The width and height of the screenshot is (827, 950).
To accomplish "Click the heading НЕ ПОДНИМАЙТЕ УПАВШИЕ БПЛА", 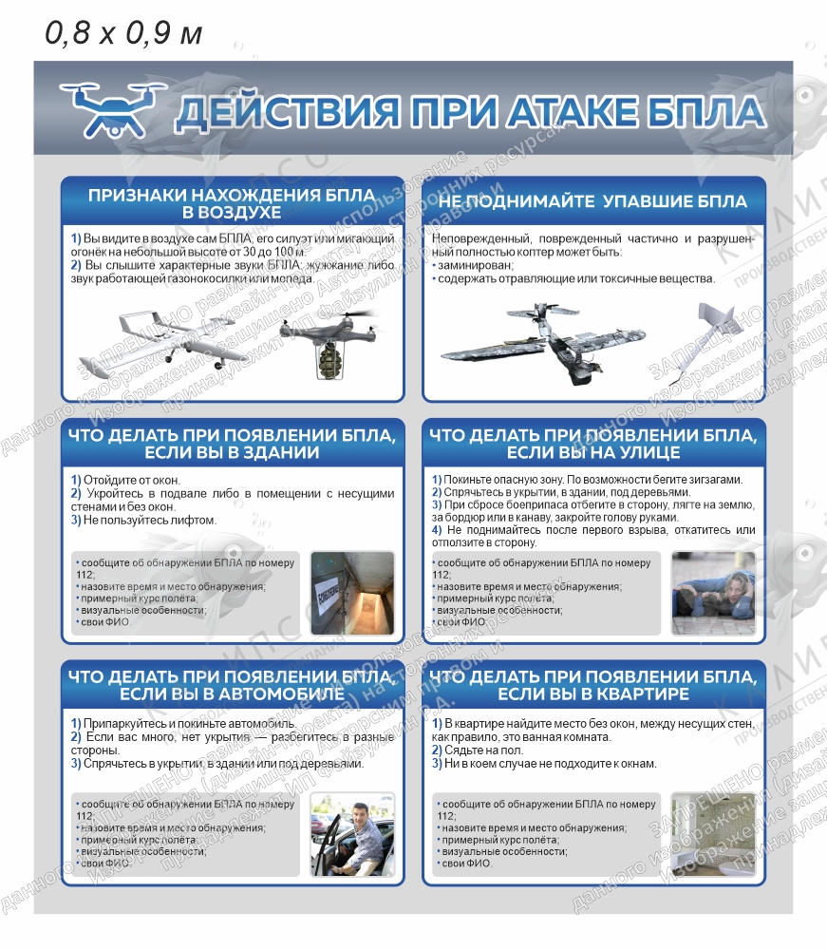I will click(593, 201).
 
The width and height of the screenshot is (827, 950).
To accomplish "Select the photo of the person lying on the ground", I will click(712, 594).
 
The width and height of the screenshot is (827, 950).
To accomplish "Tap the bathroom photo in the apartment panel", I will click(712, 834).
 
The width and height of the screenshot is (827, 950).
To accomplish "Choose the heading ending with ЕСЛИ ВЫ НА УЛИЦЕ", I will click(593, 444).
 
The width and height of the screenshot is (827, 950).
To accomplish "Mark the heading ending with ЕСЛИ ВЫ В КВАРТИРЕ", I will click(593, 685).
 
